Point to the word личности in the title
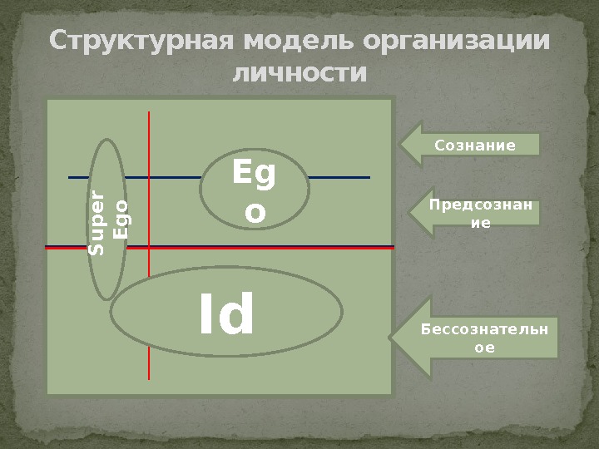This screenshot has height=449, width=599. [x=299, y=74]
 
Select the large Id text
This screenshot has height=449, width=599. [x=226, y=316]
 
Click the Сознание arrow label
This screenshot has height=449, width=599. [x=475, y=146]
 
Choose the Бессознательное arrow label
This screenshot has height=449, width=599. [x=483, y=338]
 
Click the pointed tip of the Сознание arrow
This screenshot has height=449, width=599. [x=401, y=145]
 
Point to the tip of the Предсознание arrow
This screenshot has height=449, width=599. [x=409, y=213]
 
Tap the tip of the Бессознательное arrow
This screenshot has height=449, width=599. [x=389, y=338]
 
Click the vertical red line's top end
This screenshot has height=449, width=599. [x=149, y=111]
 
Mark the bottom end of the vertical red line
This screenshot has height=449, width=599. [x=149, y=378]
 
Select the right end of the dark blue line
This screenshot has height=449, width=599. [x=369, y=177]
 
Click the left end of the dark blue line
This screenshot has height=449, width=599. [x=69, y=177]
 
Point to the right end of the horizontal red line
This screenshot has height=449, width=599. [x=393, y=248]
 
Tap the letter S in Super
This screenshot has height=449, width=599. [x=98, y=247]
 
